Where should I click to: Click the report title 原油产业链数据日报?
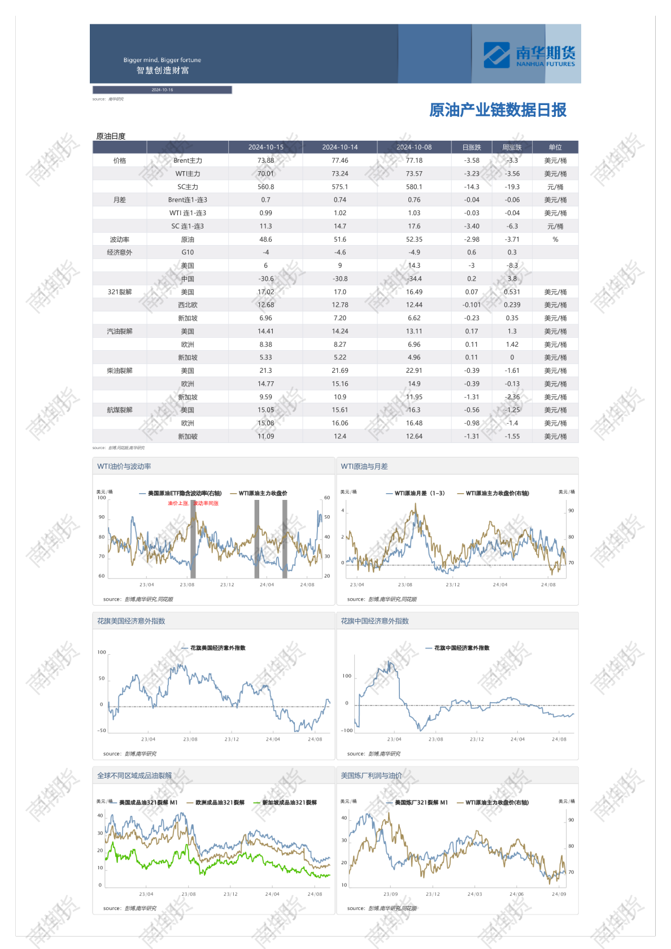pyautogui.click(x=497, y=110)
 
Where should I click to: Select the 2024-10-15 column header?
pyautogui.click(x=265, y=147)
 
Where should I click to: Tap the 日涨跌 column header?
pyautogui.click(x=472, y=147)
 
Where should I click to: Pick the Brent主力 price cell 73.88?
pyautogui.click(x=265, y=161)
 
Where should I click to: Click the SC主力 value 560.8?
pyautogui.click(x=265, y=187)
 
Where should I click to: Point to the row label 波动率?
pyautogui.click(x=119, y=240)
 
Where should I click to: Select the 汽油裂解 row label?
pyautogui.click(x=119, y=332)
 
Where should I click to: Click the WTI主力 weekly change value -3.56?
pyautogui.click(x=512, y=174)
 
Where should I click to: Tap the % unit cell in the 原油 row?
pyautogui.click(x=555, y=240)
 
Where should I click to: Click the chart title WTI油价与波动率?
pyautogui.click(x=124, y=467)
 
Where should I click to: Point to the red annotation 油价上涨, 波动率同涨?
pyautogui.click(x=193, y=503)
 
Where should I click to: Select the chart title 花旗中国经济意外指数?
pyautogui.click(x=374, y=621)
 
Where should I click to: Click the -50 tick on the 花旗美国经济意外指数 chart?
pyautogui.click(x=102, y=730)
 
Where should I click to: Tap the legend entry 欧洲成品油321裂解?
pyautogui.click(x=220, y=803)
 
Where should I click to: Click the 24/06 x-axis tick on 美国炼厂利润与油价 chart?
pyautogui.click(x=516, y=894)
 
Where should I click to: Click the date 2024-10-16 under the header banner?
pyautogui.click(x=162, y=90)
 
